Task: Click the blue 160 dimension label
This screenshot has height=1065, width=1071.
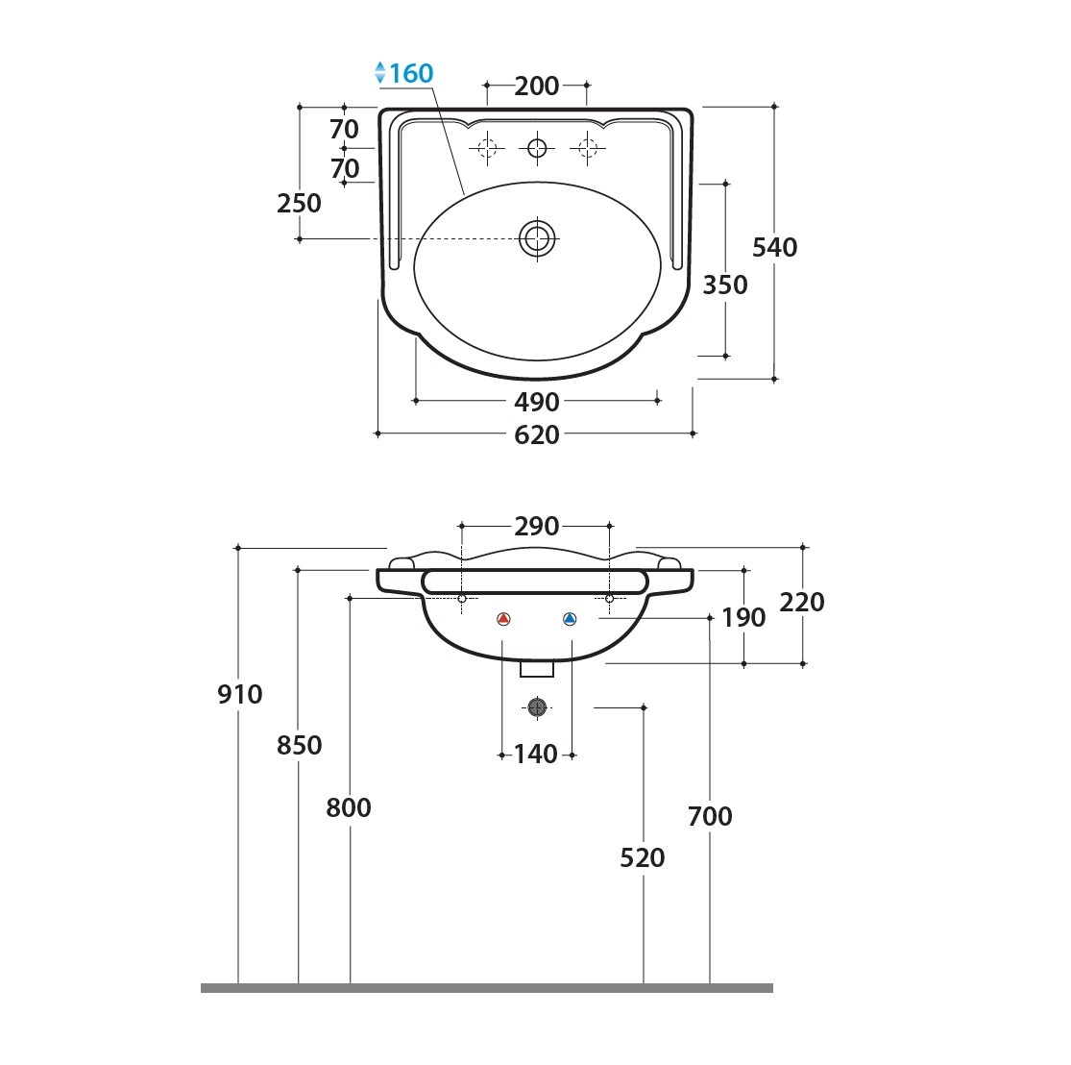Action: click(411, 73)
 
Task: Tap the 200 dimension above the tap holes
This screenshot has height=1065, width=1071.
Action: click(537, 87)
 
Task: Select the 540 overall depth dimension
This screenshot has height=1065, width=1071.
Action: click(774, 247)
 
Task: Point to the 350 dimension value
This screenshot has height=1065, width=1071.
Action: click(725, 285)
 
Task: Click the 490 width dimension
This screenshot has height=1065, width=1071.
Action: click(537, 402)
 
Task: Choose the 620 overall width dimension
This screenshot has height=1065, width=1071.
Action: click(537, 434)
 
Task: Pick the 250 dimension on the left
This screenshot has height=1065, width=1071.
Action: click(299, 203)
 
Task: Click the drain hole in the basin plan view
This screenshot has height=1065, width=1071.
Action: click(538, 238)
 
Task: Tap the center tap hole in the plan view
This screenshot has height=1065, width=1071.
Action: click(538, 148)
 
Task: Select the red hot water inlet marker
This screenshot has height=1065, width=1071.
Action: click(503, 619)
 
